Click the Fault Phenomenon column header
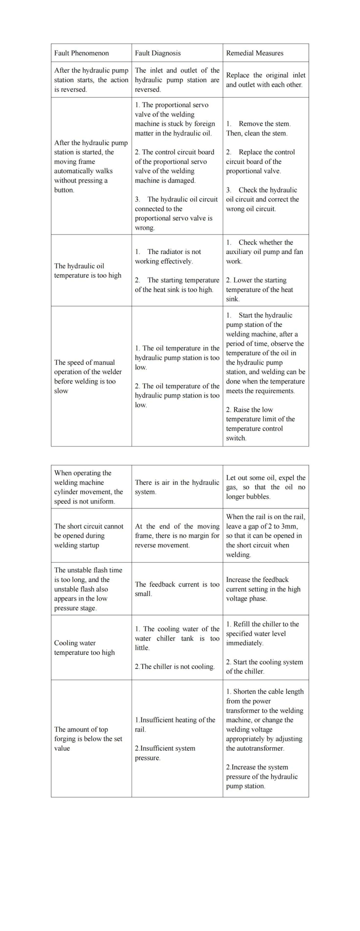point(81,53)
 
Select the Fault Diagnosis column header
point(158,53)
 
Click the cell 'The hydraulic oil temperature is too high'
point(88,270)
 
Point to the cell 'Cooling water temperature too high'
point(84,647)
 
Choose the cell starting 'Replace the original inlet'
point(265,80)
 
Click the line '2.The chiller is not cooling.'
point(175,666)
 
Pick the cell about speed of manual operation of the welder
point(88,376)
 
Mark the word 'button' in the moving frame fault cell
point(64,190)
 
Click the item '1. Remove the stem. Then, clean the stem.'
point(258,128)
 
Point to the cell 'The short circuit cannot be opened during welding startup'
point(88,536)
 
